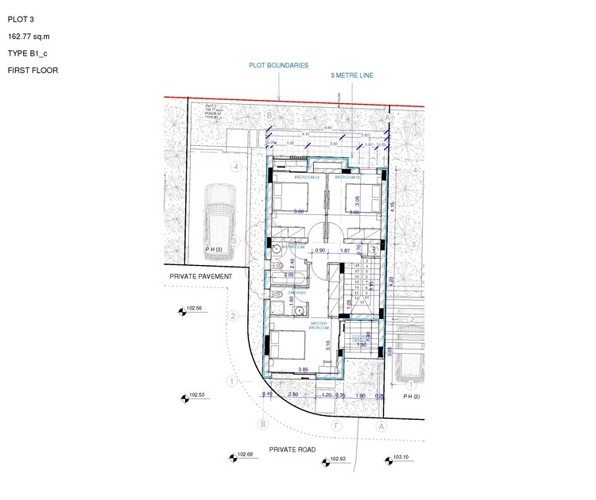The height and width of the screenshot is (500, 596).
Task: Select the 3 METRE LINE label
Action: (x=352, y=75)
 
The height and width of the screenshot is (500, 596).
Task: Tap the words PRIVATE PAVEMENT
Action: (x=199, y=276)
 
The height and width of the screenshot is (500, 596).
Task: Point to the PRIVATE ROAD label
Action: (x=292, y=450)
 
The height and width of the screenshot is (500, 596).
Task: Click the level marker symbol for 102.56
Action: (x=181, y=312)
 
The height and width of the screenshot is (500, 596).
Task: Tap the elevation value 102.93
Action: (x=339, y=460)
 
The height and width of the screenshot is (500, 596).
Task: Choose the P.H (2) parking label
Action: (x=410, y=395)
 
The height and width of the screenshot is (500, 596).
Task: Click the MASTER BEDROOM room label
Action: (x=319, y=325)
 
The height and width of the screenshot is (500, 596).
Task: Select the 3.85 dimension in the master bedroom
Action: (x=302, y=370)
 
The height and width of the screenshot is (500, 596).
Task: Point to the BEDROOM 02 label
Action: (x=306, y=177)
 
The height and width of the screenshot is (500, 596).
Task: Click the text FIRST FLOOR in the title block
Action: (x=33, y=71)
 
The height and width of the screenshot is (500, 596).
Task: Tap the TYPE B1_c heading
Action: (x=28, y=53)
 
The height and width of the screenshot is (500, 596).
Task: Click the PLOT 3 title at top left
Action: (x=21, y=20)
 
